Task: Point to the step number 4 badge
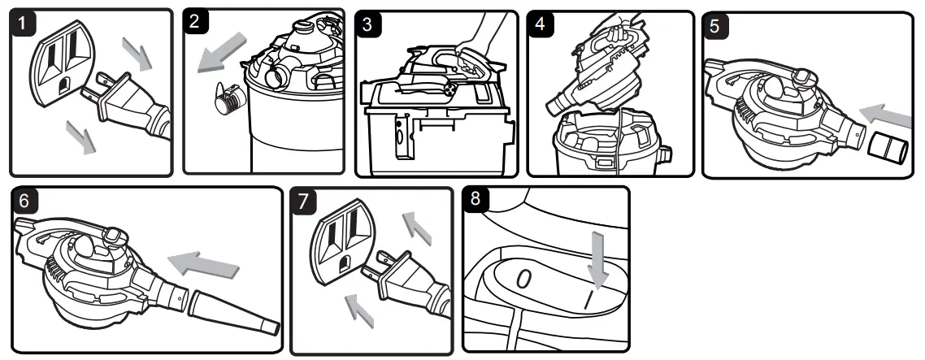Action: coord(541,23)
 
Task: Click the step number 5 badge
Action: coord(714,24)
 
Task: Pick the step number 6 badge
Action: coord(25,202)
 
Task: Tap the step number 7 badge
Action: coord(304,202)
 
